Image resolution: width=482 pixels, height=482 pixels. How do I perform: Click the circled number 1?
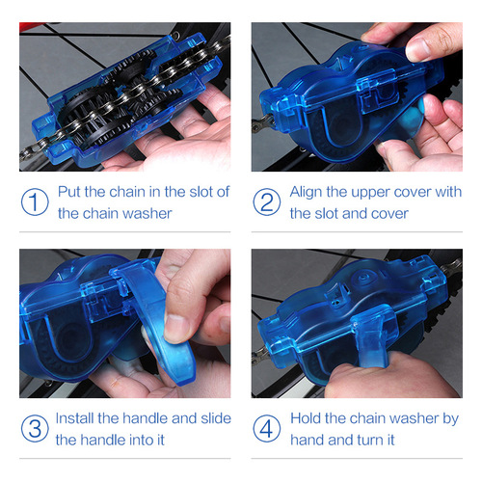pos(36,202)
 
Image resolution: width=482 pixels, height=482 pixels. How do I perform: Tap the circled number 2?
pos(267,202)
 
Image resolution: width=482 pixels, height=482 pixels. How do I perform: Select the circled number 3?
pos(36,429)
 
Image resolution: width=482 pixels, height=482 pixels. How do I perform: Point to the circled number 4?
pos(267,429)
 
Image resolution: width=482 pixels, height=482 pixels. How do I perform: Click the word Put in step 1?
pos(70,192)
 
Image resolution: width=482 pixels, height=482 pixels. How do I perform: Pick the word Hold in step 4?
pos(308,418)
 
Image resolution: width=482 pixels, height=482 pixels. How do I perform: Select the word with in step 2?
pos(447,192)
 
